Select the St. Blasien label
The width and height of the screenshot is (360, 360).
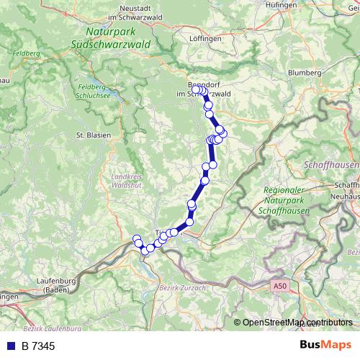point(91,135)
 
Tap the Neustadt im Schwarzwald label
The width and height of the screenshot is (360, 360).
point(137,12)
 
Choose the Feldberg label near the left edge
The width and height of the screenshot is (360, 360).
point(23,54)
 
